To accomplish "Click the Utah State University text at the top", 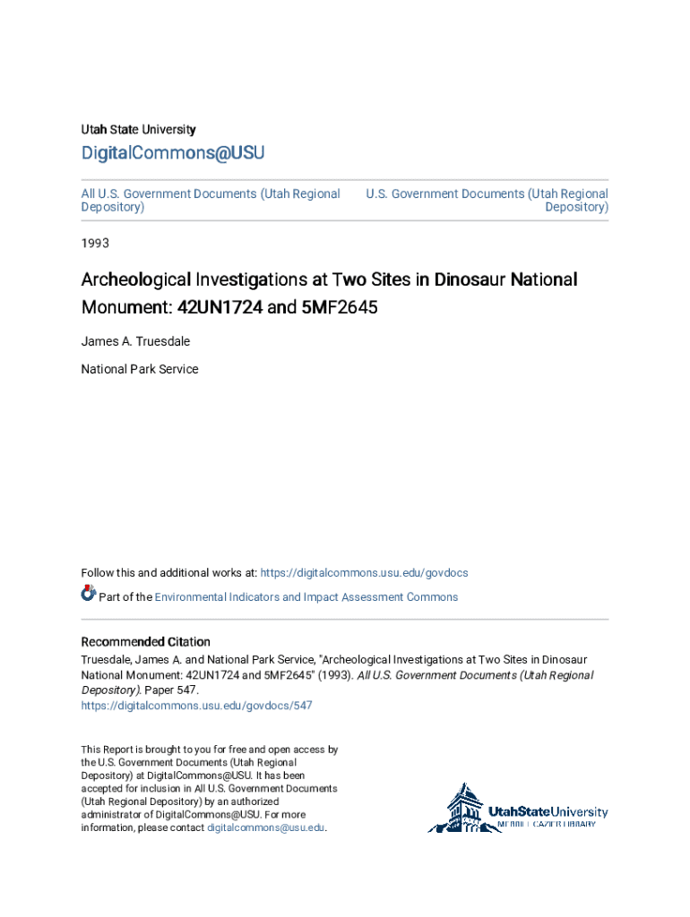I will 138,130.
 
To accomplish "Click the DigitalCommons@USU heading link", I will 173,153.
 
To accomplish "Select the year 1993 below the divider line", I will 95,243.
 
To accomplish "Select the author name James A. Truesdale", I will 135,341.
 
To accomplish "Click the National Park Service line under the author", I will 140,369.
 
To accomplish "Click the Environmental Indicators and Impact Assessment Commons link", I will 306,597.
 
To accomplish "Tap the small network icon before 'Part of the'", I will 88,593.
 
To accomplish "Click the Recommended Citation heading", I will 146,642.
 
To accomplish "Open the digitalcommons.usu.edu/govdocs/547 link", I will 197,706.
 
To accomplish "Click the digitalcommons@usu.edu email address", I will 265,828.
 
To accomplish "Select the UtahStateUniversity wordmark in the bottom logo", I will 548,812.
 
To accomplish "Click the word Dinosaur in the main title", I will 470,280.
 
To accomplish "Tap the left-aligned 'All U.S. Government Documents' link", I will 211,201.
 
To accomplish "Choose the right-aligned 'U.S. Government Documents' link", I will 487,201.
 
